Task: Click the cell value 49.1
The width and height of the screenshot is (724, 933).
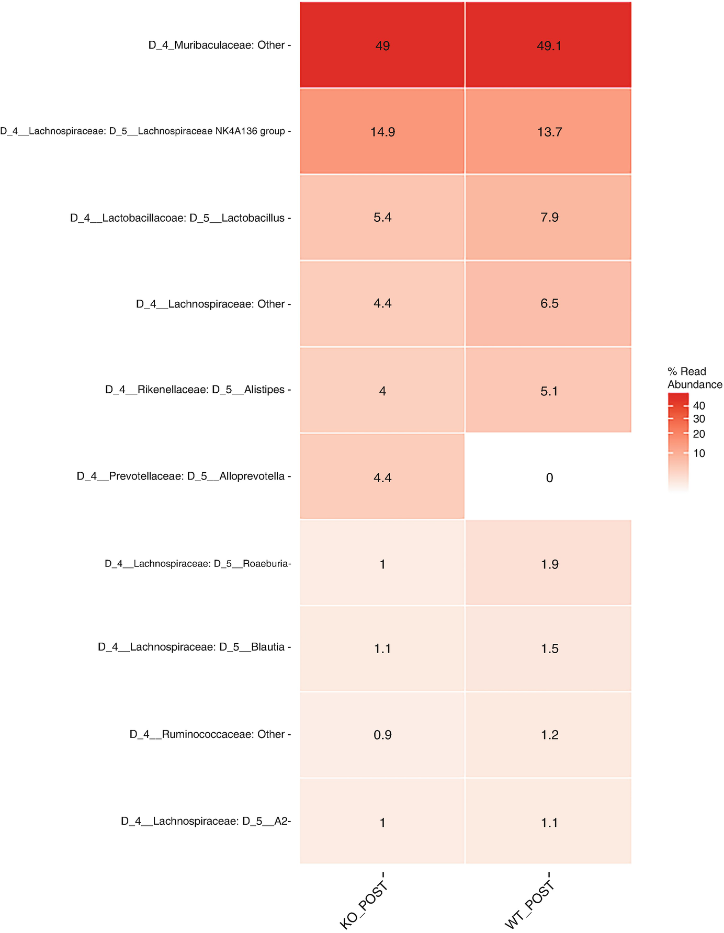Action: tap(549, 46)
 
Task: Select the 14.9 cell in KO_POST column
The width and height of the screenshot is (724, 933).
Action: tap(382, 132)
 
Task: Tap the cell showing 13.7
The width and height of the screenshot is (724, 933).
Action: tap(549, 132)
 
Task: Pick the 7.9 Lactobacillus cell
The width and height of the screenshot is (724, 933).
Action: tap(549, 217)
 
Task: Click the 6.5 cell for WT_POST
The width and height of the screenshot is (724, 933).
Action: tap(549, 303)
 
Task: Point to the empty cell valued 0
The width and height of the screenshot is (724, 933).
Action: tap(549, 477)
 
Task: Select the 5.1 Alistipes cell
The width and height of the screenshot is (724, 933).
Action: tap(549, 391)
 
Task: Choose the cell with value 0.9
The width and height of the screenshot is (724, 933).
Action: tap(382, 735)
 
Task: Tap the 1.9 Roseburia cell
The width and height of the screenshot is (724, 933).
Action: tap(549, 564)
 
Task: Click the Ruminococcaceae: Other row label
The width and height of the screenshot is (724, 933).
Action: tap(207, 734)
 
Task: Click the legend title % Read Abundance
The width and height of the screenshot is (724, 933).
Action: tap(694, 378)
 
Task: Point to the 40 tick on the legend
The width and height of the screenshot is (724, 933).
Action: tap(699, 406)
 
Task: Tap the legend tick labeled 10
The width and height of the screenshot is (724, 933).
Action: tap(699, 453)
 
